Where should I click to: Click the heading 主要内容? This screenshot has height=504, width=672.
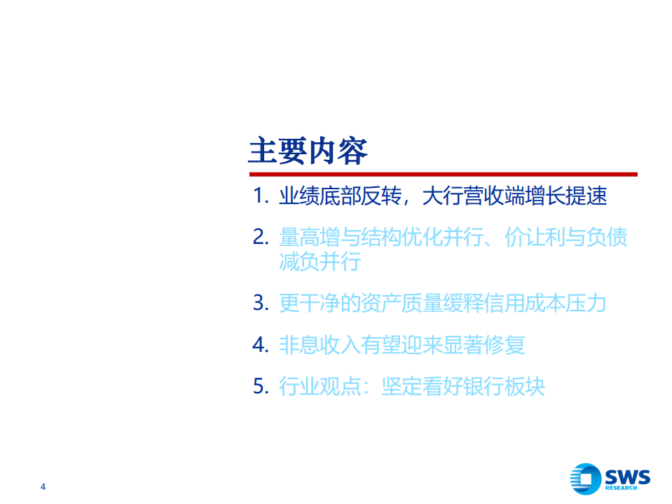pos(308,151)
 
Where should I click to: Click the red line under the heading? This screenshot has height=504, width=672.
pos(443,174)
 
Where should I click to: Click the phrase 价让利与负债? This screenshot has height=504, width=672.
pos(566,237)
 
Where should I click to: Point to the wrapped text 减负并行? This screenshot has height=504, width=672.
pos(320,263)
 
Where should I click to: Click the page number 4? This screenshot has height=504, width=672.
pos(43,487)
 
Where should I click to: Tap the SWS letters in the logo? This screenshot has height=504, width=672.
pos(626,477)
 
